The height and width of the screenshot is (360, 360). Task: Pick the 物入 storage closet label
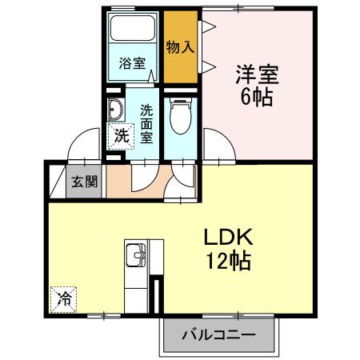point(180,46)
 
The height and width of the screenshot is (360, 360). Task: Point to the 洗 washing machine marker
point(119,136)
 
